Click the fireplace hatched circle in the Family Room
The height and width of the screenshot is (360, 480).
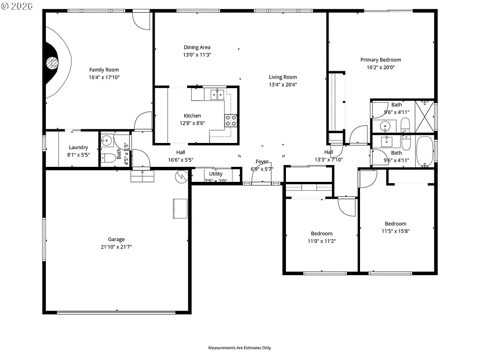click(x=52, y=62)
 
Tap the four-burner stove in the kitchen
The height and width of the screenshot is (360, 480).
click(x=231, y=120)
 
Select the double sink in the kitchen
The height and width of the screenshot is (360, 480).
click(x=217, y=95)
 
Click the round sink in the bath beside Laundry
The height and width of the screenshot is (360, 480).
click(x=106, y=140)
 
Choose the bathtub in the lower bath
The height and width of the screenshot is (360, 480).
click(x=426, y=151)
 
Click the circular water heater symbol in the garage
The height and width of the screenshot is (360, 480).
click(x=181, y=176)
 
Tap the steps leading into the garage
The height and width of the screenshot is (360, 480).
click(x=142, y=175)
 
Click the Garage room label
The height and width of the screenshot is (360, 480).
click(x=116, y=239)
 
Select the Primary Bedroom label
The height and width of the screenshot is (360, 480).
click(x=381, y=60)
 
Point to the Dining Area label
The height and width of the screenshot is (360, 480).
click(x=197, y=47)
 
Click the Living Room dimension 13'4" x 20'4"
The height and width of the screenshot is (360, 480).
click(x=283, y=85)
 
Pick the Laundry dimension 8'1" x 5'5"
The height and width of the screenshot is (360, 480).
click(x=78, y=155)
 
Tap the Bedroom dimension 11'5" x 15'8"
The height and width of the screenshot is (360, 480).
click(x=396, y=231)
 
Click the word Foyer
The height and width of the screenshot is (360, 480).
click(x=262, y=162)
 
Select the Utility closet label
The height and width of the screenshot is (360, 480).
click(x=216, y=174)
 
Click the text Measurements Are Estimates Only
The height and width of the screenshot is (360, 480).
click(x=240, y=348)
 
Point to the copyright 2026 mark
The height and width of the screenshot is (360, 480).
click(x=17, y=6)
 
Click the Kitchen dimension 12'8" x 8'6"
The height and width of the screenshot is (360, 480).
click(x=192, y=123)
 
